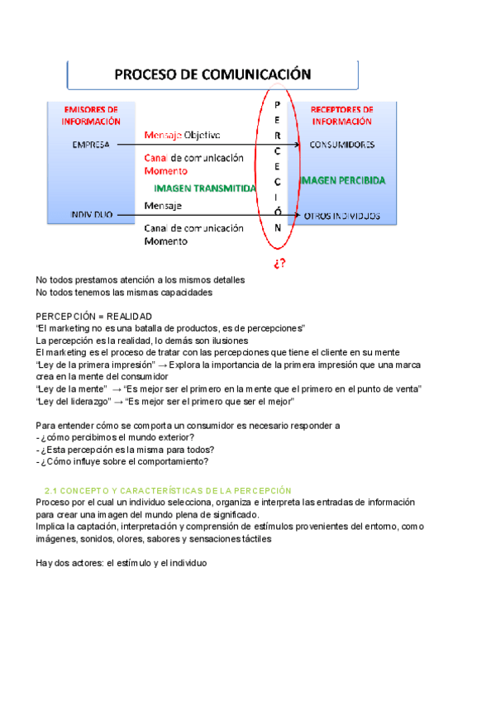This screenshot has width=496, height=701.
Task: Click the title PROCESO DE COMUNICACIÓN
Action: (x=212, y=74)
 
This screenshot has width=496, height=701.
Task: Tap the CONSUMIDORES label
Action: (x=342, y=144)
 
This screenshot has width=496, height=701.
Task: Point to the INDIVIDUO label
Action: (x=86, y=216)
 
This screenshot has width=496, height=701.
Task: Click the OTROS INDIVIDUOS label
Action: (x=342, y=216)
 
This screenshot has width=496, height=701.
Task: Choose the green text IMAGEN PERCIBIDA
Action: (x=343, y=179)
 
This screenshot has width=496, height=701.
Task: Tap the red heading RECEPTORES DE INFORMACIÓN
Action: (x=343, y=115)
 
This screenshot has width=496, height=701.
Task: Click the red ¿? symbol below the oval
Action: (x=279, y=263)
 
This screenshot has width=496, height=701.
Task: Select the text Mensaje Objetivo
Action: (x=182, y=135)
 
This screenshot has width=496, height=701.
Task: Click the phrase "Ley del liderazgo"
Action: (x=74, y=401)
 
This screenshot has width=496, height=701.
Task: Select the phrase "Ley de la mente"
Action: (x=70, y=389)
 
